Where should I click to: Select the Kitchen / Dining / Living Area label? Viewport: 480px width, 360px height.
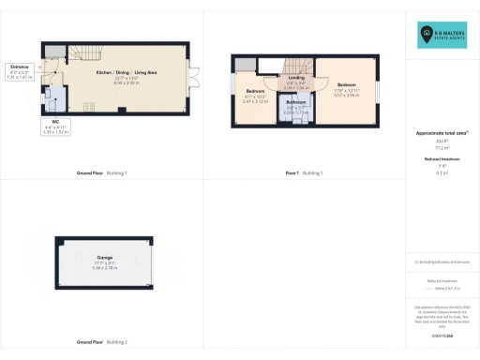click(125, 75)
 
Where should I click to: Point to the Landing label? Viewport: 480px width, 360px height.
click(296, 82)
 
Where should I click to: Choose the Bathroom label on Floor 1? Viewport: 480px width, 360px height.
click(296, 105)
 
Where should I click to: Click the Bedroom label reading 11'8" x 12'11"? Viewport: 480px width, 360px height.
click(346, 88)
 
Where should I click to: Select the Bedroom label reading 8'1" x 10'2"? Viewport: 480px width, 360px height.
click(256, 95)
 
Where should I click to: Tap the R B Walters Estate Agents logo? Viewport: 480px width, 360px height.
click(443, 35)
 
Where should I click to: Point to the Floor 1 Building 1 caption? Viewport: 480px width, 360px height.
click(305, 173)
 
